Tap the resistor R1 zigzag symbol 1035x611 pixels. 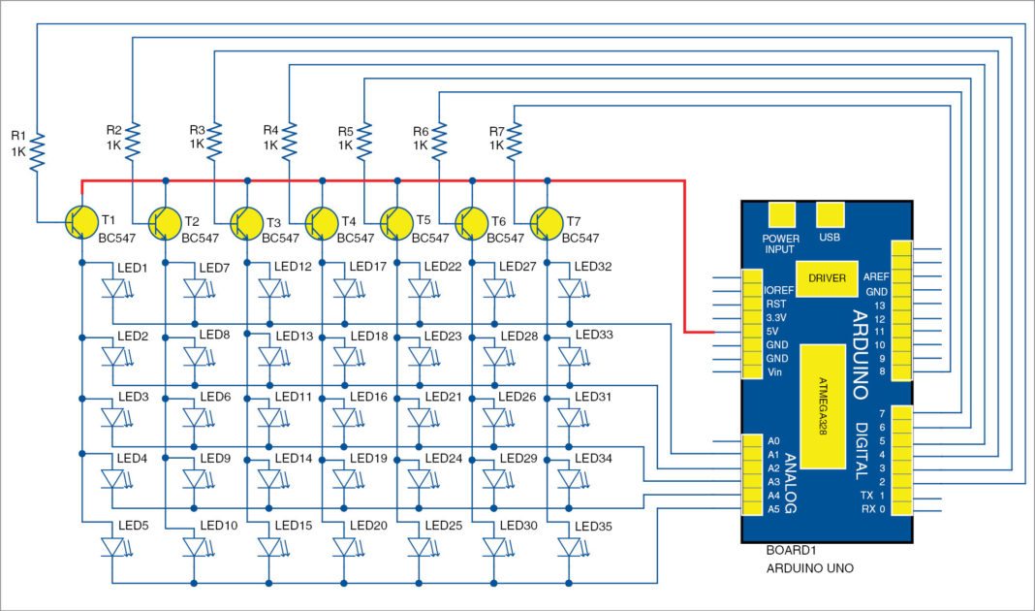[37, 151]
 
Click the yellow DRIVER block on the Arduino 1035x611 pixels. [827, 278]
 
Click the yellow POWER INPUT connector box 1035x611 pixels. [780, 215]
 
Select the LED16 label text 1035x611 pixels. [367, 398]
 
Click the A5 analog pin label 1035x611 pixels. [773, 508]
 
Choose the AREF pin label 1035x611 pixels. [876, 276]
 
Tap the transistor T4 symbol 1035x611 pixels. [321, 222]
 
